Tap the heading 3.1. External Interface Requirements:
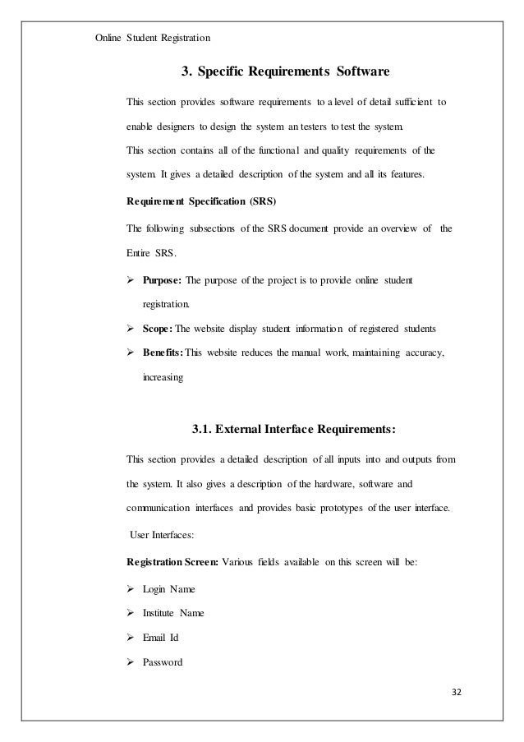tap(293, 428)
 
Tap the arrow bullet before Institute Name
tap(131, 613)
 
